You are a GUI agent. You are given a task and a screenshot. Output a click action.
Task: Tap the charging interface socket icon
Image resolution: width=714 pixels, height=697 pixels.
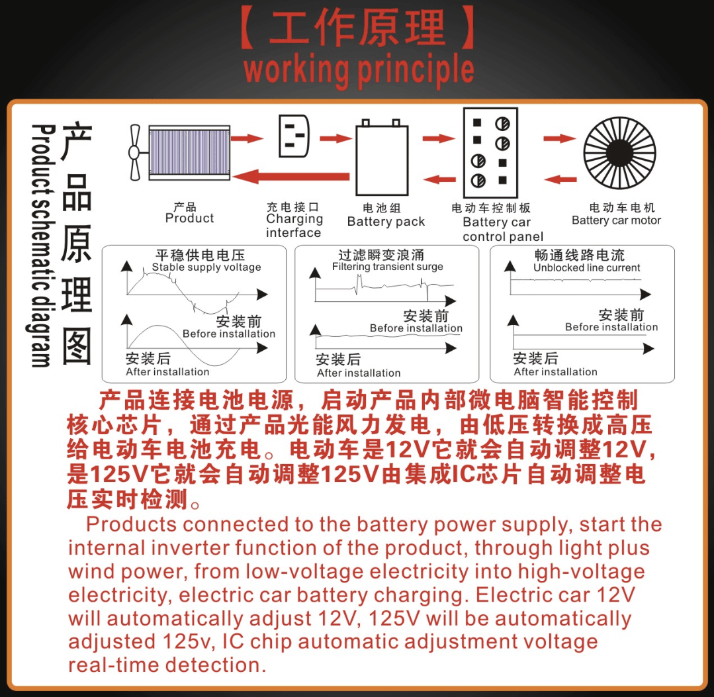[x=294, y=136]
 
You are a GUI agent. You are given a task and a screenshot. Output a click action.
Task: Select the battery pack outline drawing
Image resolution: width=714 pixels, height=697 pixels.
[x=382, y=158]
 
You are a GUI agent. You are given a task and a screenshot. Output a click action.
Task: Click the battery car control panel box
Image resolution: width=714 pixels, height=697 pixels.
[x=490, y=153]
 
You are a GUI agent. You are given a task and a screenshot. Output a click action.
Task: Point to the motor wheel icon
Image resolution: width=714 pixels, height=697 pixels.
[x=620, y=153]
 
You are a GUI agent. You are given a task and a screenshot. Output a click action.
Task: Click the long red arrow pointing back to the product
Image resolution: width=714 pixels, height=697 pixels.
[x=290, y=176]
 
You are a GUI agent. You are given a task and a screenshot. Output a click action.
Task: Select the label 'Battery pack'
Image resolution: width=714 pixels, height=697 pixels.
[x=386, y=222]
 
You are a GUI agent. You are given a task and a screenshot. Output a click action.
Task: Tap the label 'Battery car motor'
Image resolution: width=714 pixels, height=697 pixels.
[x=616, y=220]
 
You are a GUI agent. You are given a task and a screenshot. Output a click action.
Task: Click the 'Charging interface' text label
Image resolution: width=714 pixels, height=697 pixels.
[x=294, y=226]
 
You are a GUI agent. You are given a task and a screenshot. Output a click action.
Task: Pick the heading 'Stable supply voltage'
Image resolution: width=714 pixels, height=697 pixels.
[x=206, y=267]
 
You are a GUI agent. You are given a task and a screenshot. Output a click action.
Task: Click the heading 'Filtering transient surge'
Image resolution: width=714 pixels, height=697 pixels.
[x=387, y=267]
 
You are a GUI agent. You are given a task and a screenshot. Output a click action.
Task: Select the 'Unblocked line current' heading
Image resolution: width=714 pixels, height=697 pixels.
[x=586, y=267]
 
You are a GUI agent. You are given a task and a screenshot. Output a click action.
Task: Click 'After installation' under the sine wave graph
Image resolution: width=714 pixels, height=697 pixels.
[x=167, y=372]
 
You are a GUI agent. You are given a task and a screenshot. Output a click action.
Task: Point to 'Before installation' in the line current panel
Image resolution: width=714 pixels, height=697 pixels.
[x=611, y=327]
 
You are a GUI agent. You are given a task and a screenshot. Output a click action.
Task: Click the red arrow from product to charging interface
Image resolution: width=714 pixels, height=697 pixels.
[x=247, y=138]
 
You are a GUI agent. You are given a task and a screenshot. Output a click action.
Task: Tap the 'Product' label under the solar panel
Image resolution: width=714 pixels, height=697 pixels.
[x=189, y=218]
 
